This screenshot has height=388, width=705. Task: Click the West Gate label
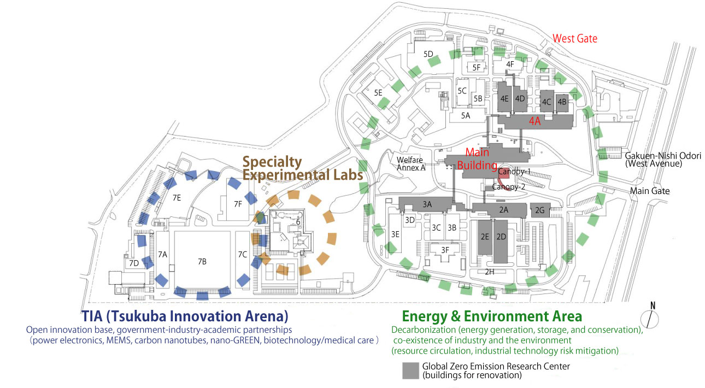pos(575,38)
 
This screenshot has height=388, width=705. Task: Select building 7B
pos(202,261)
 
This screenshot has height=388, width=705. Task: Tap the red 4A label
pos(534,121)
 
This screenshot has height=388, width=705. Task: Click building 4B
pos(562,102)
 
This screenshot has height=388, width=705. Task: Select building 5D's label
pos(428,54)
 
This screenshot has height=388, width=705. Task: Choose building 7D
pos(133,263)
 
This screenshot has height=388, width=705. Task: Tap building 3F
pos(445,250)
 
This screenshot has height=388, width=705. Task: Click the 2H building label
pos(490,272)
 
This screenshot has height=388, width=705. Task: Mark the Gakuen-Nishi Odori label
pos(662,156)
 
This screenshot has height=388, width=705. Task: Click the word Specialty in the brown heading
pos(272,162)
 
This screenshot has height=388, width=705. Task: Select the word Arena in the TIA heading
pos(263,316)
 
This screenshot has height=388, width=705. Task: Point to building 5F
pos(477,67)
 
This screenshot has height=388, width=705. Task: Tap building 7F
pos(237,204)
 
